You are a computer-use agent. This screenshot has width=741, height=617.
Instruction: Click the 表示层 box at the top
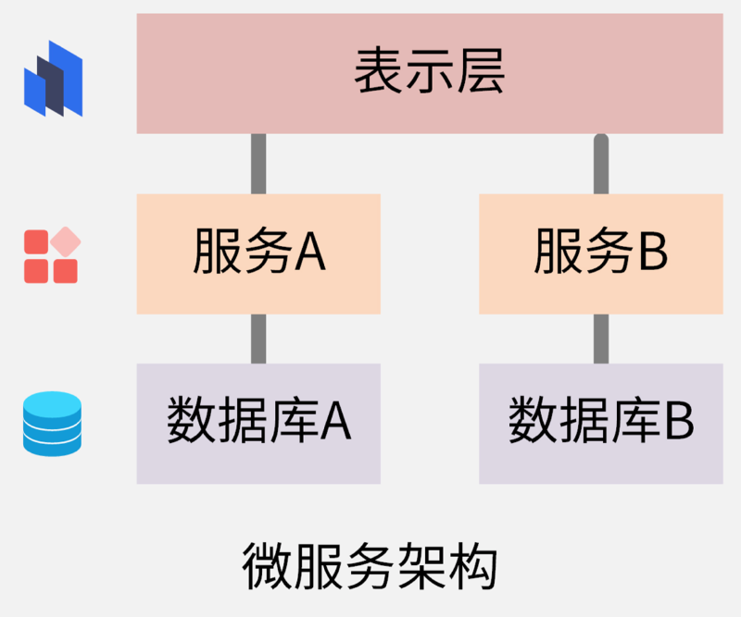pyautogui.click(x=429, y=73)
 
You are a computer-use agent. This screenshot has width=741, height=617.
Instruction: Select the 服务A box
pyautogui.click(x=258, y=253)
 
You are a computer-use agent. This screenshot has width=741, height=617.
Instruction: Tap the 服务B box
pyautogui.click(x=600, y=253)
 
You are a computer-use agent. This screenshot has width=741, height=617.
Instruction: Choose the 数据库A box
pyautogui.click(x=258, y=423)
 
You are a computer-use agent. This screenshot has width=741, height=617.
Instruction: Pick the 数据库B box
pyautogui.click(x=600, y=423)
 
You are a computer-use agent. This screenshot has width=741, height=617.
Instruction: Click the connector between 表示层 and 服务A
pyautogui.click(x=258, y=164)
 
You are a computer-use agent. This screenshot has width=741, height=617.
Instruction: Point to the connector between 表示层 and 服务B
pyautogui.click(x=600, y=164)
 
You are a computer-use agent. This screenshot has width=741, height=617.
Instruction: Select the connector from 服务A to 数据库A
pyautogui.click(x=258, y=339)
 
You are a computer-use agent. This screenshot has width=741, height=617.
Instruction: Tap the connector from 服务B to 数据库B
pyautogui.click(x=600, y=339)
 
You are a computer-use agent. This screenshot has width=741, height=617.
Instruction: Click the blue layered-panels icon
pyautogui.click(x=53, y=80)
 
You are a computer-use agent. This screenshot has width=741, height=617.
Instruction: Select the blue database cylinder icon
pyautogui.click(x=52, y=424)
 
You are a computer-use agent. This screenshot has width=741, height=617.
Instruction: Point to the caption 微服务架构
pyautogui.click(x=370, y=566)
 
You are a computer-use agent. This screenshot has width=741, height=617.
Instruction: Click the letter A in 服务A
pyautogui.click(x=310, y=253)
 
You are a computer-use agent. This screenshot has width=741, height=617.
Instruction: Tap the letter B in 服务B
pyautogui.click(x=652, y=253)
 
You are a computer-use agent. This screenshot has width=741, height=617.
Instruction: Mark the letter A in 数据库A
pyautogui.click(x=335, y=423)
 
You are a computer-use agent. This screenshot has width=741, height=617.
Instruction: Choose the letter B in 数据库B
pyautogui.click(x=678, y=423)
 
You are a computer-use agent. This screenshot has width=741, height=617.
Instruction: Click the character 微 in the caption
pyautogui.click(x=266, y=566)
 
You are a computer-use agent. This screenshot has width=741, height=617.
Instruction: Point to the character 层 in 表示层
pyautogui.click(x=481, y=73)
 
